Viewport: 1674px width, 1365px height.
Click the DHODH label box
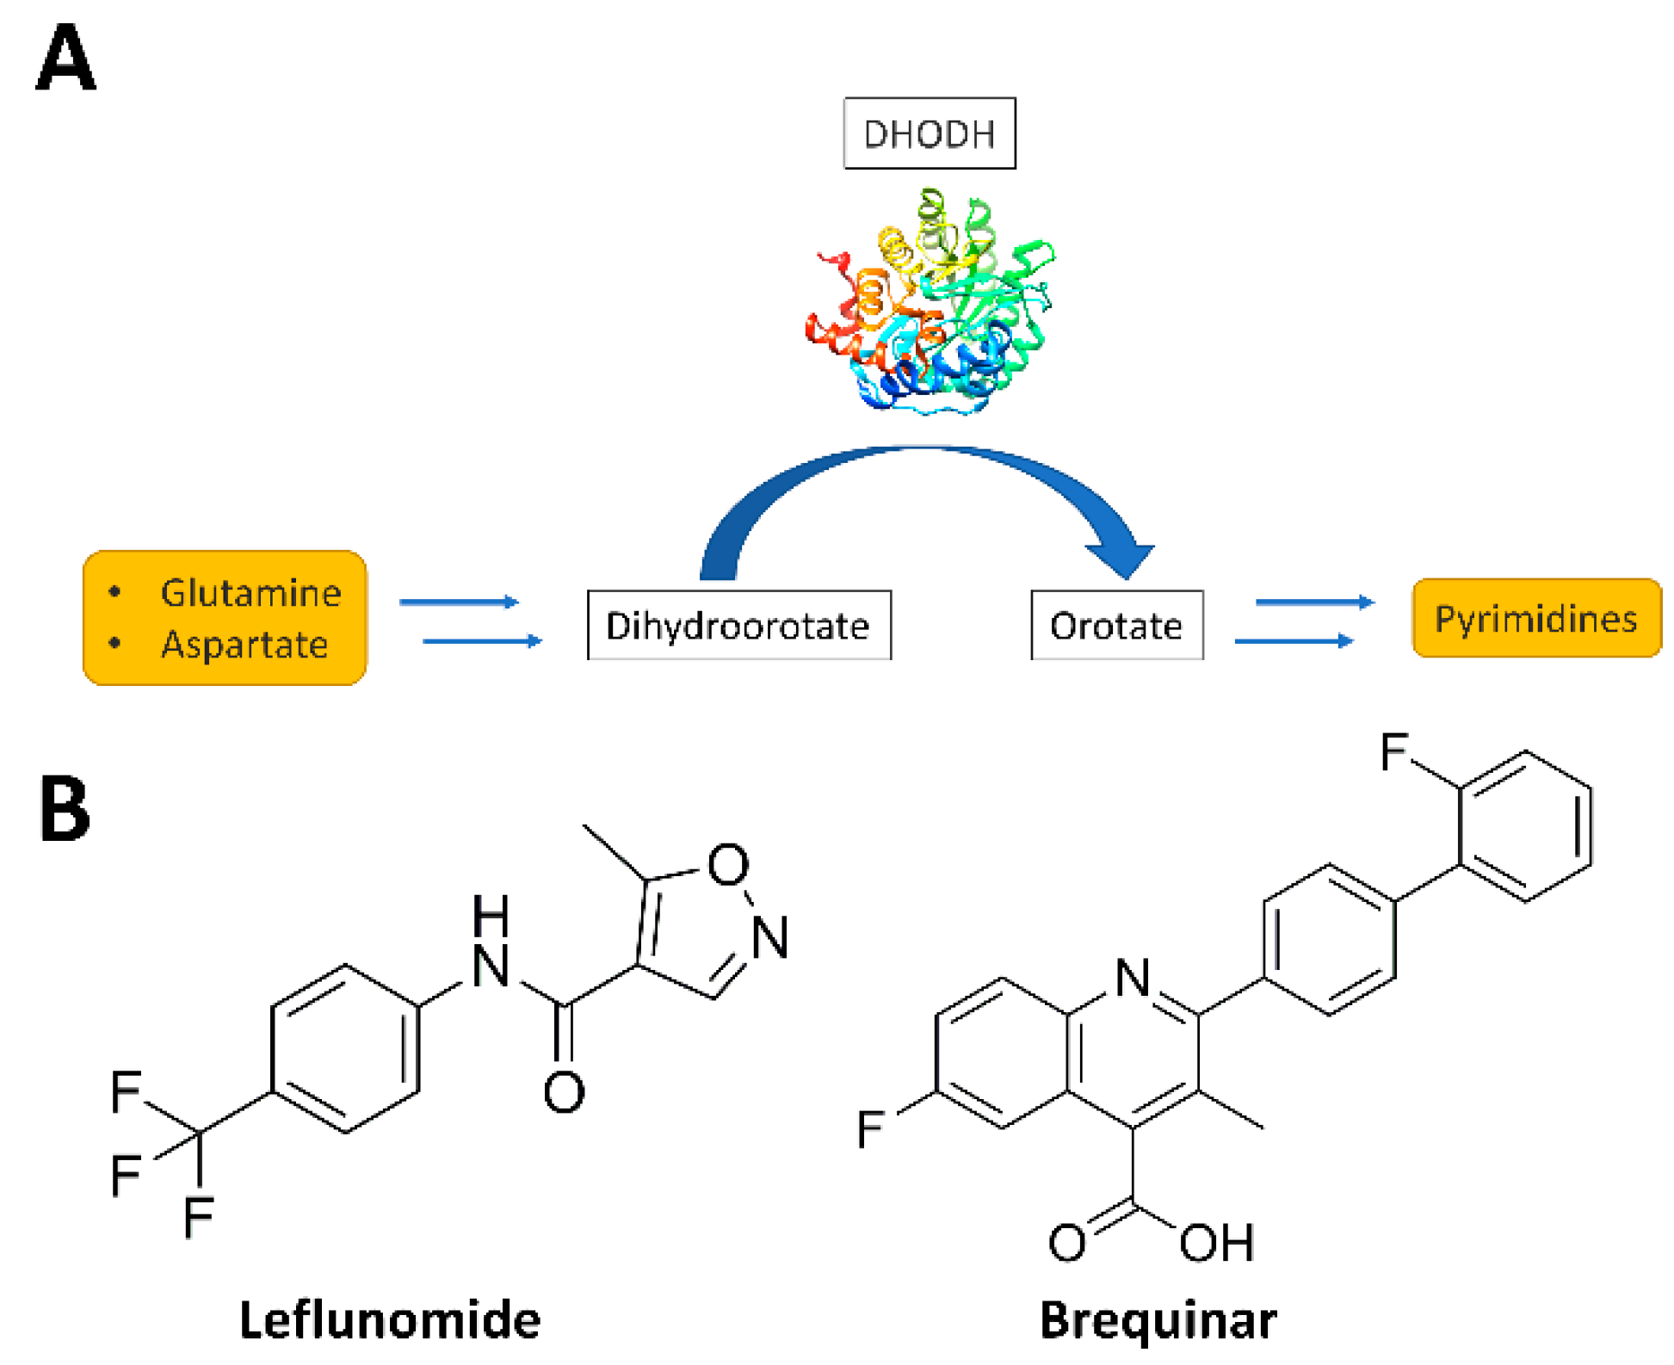tap(929, 133)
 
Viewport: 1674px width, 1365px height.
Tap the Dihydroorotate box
tap(738, 626)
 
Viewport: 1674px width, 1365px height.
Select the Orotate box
tap(1116, 626)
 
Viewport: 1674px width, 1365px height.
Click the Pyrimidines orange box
tap(1535, 618)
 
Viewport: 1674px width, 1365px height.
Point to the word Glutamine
tap(250, 593)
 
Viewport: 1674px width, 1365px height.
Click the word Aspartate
tap(244, 645)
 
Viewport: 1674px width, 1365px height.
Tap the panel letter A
tap(65, 59)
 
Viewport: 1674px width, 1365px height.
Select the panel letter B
tap(65, 808)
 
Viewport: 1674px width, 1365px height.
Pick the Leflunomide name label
tap(389, 1320)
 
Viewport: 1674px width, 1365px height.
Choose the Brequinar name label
tap(1158, 1320)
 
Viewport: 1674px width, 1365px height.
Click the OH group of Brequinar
tap(1216, 1243)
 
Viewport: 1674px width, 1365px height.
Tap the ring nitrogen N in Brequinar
tap(1133, 979)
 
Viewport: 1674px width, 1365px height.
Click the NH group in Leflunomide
tap(491, 942)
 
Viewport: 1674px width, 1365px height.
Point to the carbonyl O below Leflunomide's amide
tap(564, 1092)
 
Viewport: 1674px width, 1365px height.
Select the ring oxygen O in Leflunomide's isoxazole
tap(728, 864)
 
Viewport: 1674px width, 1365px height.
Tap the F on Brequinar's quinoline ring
tap(870, 1128)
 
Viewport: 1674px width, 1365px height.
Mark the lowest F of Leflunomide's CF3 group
tap(198, 1217)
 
